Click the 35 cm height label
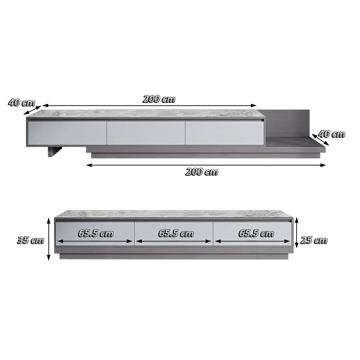[x=30, y=240]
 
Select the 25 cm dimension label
[x=314, y=240]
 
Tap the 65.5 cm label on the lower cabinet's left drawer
[x=96, y=233]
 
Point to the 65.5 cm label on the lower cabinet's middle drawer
[x=176, y=233]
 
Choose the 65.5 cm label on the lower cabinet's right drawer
[x=256, y=233]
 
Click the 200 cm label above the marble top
[x=159, y=99]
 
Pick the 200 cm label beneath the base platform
[x=202, y=172]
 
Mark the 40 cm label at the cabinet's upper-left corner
[x=21, y=103]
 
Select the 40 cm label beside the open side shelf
[x=332, y=134]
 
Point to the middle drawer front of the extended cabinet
[x=146, y=133]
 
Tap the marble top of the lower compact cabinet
[x=173, y=214]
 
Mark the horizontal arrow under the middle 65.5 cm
[x=174, y=241]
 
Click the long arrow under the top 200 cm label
[x=149, y=106]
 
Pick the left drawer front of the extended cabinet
[x=67, y=133]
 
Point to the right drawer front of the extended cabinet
[x=224, y=133]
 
